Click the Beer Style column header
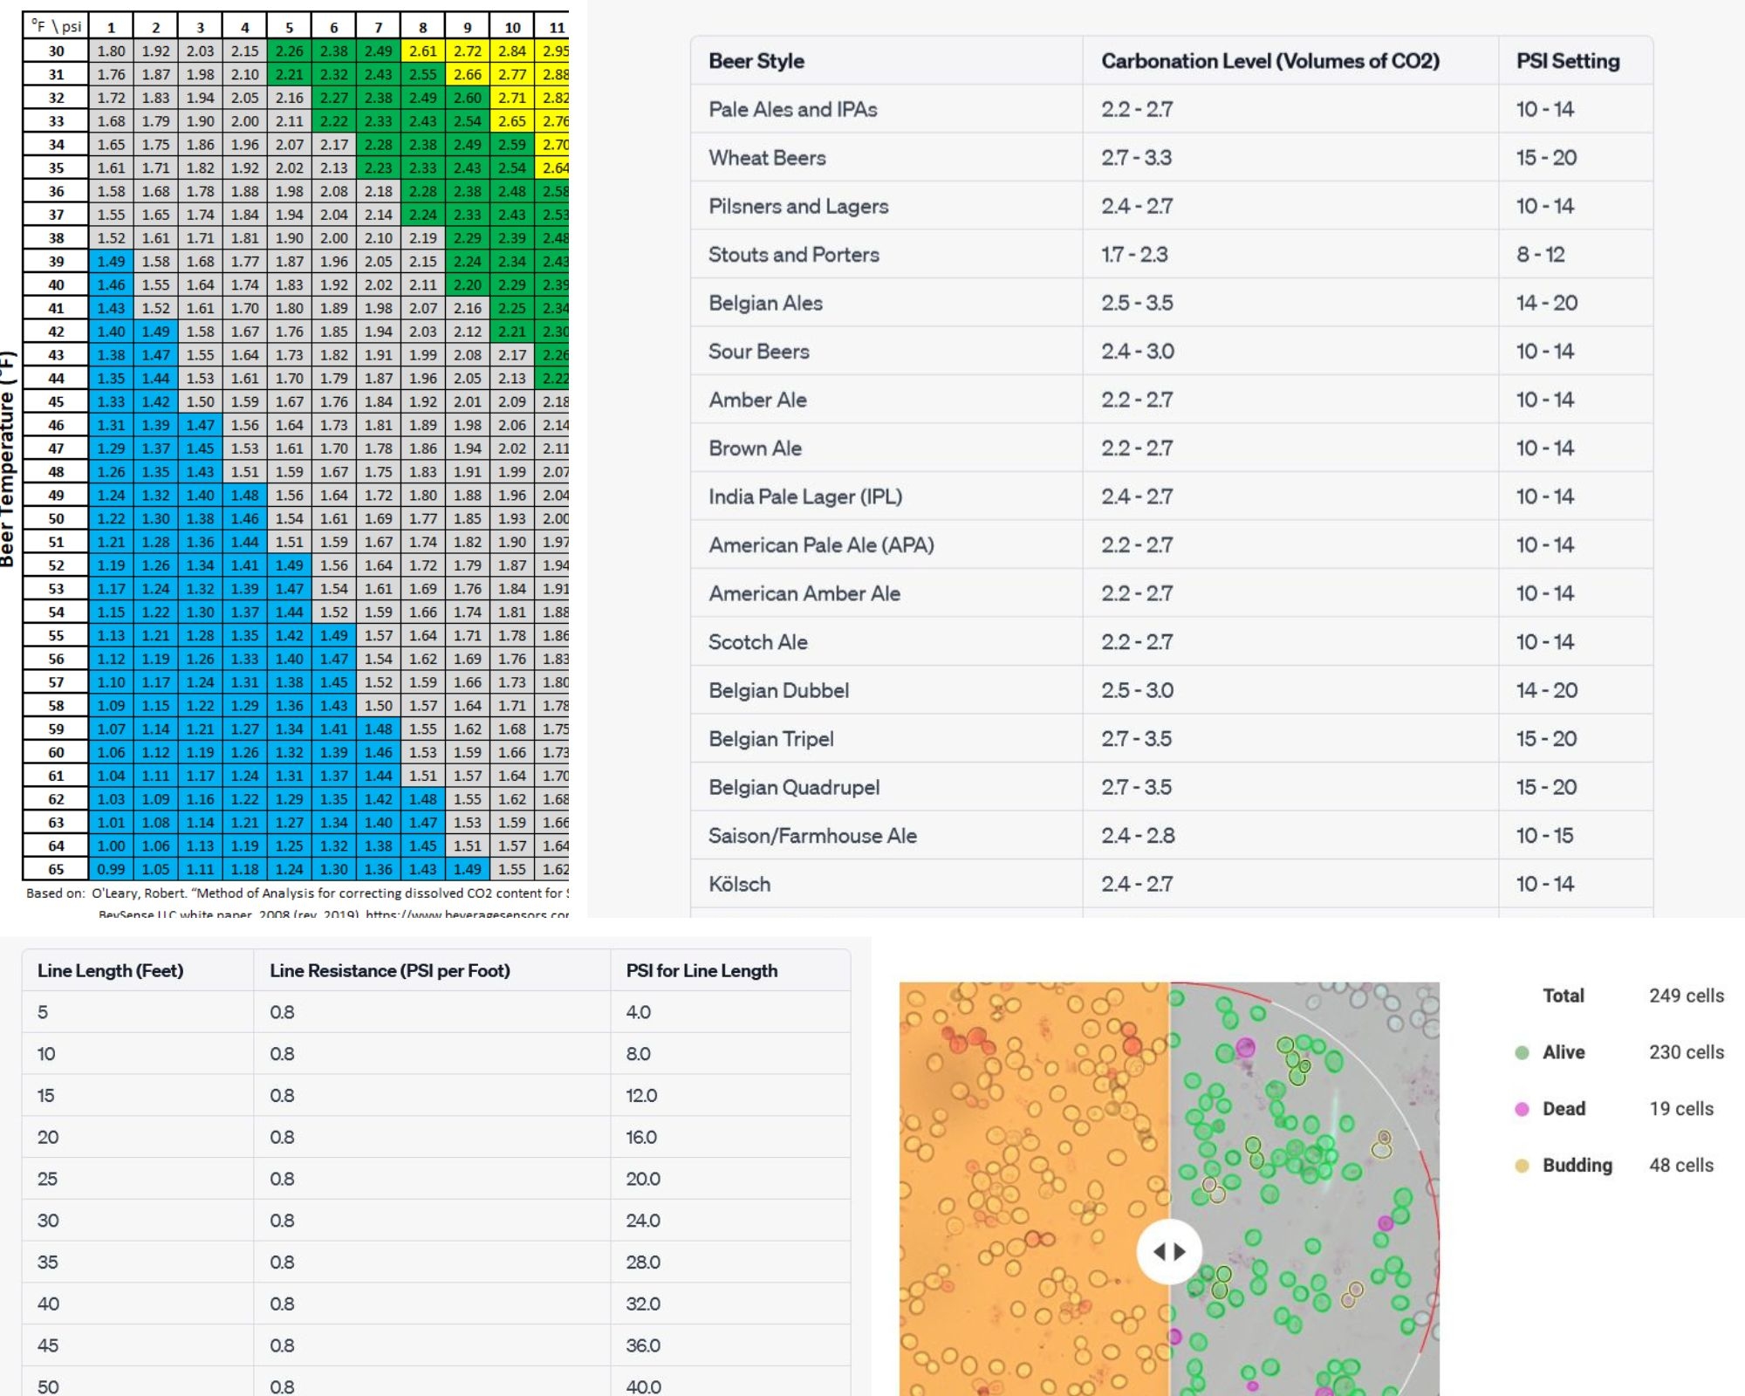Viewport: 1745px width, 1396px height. (756, 61)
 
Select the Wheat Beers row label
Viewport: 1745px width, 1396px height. (767, 158)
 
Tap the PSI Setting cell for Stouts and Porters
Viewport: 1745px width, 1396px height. (1540, 255)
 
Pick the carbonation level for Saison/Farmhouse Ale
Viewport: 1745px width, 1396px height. (1137, 836)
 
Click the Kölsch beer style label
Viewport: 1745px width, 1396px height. (739, 884)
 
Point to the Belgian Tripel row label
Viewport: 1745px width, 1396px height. (770, 739)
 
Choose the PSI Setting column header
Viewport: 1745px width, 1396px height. (1567, 61)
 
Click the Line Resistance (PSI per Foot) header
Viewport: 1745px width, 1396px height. (389, 970)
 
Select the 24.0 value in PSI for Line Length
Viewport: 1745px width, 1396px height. (642, 1221)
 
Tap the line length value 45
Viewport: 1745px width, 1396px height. (47, 1345)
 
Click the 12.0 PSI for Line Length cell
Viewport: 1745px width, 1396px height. (641, 1095)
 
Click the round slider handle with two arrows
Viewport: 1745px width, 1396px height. (1169, 1252)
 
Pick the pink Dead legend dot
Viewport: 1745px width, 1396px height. (1522, 1109)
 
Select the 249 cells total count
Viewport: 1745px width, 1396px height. (1686, 996)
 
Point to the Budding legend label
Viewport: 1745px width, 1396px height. (1577, 1166)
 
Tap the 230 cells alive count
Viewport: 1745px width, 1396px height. (1686, 1052)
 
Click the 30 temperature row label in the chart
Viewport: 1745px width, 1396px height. (56, 51)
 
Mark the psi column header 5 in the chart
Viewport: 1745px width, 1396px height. (289, 27)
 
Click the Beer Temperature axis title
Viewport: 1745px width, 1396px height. (8, 458)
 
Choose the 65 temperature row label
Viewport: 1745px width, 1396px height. (56, 869)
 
